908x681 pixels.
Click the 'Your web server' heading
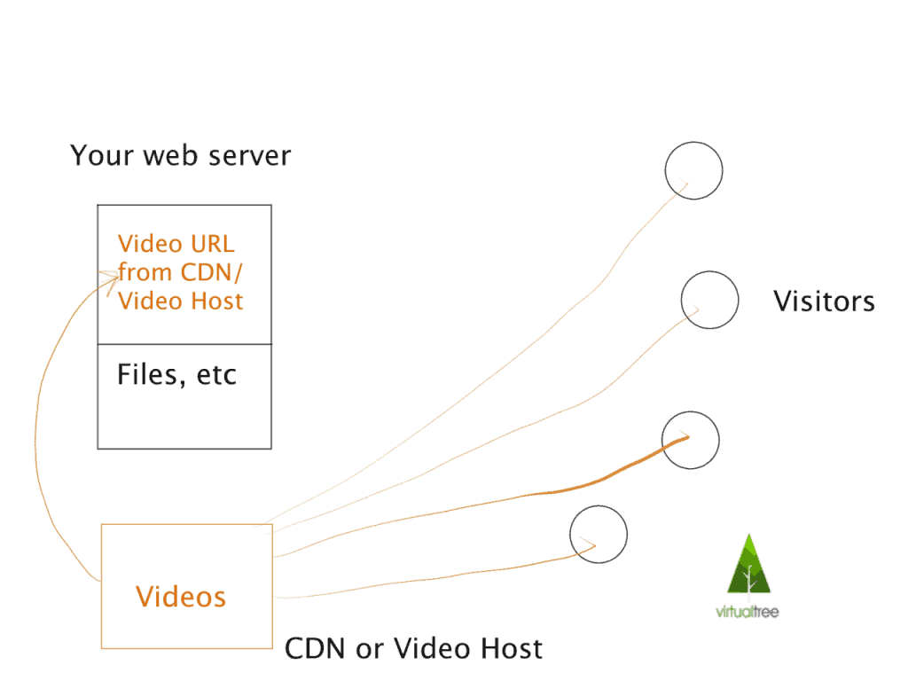(180, 157)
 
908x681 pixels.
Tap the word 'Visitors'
(824, 301)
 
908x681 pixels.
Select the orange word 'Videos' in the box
(181, 597)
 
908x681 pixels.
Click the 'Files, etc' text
(177, 375)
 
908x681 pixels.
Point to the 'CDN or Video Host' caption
(413, 649)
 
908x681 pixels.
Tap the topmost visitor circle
(694, 170)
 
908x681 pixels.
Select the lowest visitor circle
(599, 535)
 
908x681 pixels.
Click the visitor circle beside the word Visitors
(709, 300)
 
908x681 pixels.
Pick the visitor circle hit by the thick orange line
(691, 440)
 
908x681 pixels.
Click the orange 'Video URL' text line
(176, 244)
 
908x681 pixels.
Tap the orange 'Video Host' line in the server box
(180, 301)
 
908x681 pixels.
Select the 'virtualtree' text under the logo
(748, 612)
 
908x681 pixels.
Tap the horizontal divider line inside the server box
(184, 344)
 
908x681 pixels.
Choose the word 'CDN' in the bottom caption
(315, 649)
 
